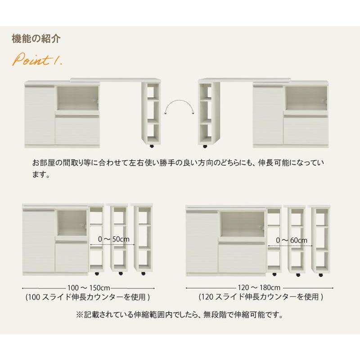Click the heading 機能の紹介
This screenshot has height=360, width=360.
[x=36, y=39]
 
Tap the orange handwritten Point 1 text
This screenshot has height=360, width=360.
[x=37, y=60]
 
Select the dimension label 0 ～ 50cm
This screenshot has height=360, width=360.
[x=114, y=239]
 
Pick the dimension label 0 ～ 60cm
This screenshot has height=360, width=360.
[x=292, y=240]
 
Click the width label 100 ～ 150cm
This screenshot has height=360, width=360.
[x=89, y=288]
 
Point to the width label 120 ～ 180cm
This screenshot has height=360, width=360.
[x=259, y=288]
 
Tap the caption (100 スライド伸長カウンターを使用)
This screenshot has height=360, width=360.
[x=88, y=297]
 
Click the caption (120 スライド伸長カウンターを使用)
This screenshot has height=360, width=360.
[x=261, y=297]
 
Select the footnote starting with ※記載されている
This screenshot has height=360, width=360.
[x=180, y=315]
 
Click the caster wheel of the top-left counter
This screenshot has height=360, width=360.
[x=152, y=146]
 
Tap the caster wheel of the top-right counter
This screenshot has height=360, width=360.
[x=205, y=146]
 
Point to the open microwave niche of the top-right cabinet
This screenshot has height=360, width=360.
[x=306, y=98]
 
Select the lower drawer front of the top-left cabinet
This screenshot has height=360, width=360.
[x=77, y=130]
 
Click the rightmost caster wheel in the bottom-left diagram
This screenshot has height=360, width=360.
[x=143, y=274]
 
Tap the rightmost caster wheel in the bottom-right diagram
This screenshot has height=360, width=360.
[x=321, y=275]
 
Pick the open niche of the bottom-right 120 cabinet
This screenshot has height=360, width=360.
[x=242, y=224]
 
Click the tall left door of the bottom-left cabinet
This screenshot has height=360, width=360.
[x=39, y=242]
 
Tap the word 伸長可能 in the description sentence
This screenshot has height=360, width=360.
[x=274, y=163]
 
